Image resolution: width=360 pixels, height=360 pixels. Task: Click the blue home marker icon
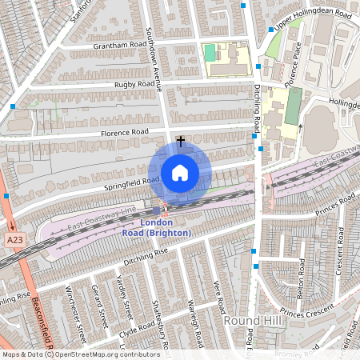pyautogui.click(x=180, y=172)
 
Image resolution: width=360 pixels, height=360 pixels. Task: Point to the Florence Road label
pyautogui.click(x=124, y=132)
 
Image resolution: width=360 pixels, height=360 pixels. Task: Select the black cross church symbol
pyautogui.click(x=181, y=141)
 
